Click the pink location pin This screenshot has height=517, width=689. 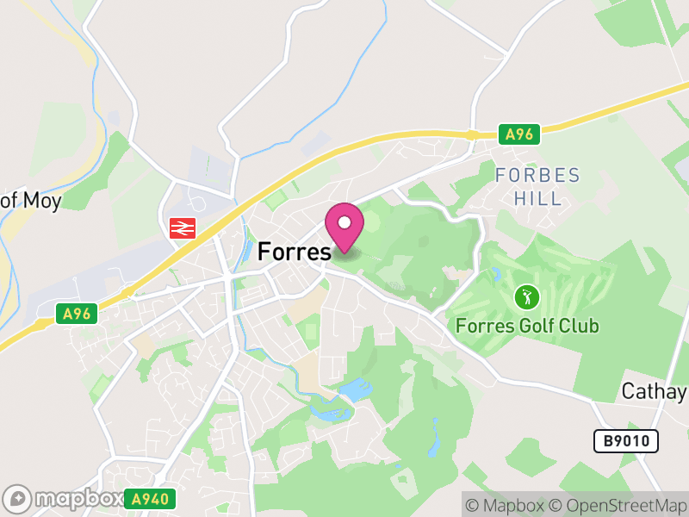(x=344, y=228)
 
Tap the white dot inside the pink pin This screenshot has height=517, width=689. (x=344, y=222)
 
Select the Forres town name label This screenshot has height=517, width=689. (x=295, y=252)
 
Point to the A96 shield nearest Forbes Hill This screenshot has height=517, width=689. (x=519, y=134)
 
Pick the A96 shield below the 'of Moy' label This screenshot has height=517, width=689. (x=80, y=315)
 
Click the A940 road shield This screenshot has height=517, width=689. (x=150, y=498)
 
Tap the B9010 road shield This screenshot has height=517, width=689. (x=626, y=441)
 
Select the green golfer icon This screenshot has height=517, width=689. (x=526, y=298)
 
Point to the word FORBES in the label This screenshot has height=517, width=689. (x=537, y=176)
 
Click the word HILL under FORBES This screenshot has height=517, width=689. (x=537, y=198)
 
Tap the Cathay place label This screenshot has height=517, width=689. (x=655, y=391)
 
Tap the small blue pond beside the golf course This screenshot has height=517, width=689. (x=496, y=276)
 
